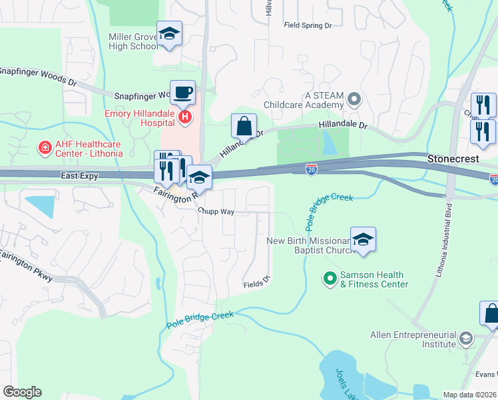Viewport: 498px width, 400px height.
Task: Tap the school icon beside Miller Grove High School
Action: tap(170, 35)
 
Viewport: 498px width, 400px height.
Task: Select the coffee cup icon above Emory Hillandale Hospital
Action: tap(182, 93)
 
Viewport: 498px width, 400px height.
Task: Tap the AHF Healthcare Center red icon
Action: tap(45, 147)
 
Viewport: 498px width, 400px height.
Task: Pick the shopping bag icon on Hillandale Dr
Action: tap(244, 126)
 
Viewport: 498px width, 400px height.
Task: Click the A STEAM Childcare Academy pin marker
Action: tap(354, 100)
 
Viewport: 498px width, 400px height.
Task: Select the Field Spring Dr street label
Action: tap(308, 25)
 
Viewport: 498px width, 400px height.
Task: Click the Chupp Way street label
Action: tap(216, 211)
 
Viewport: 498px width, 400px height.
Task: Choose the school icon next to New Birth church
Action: tap(363, 240)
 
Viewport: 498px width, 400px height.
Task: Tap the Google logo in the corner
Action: tap(22, 391)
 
